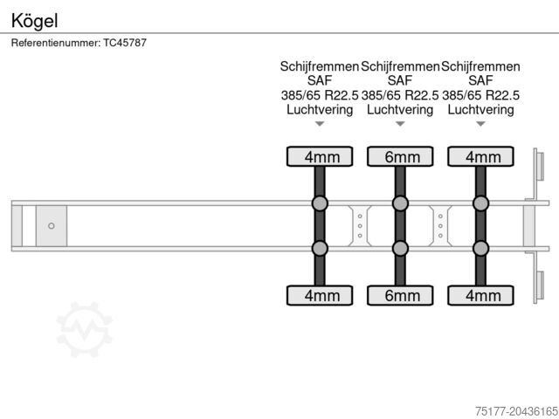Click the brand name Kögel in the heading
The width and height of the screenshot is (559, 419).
[x=30, y=18]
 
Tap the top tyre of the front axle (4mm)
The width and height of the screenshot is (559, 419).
[x=320, y=157]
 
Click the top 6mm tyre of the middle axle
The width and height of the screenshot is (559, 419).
[x=400, y=157]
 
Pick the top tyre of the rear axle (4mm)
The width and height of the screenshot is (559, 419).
[x=480, y=157]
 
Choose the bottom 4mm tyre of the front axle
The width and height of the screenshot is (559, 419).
[x=320, y=295]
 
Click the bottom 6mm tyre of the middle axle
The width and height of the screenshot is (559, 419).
[x=400, y=295]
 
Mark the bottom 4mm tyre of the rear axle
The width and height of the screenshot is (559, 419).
[x=480, y=295]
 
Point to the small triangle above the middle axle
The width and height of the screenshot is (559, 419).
[x=400, y=124]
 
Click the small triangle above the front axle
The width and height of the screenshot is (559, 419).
[x=320, y=124]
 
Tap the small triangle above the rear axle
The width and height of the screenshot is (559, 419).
[x=480, y=124]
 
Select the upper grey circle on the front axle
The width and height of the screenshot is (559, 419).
[x=320, y=204]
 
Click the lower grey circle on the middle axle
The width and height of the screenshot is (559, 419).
[x=400, y=248]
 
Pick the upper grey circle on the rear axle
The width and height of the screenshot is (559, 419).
[x=480, y=204]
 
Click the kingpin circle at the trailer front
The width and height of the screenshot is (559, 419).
[x=52, y=226]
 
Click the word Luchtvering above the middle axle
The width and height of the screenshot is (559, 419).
[x=400, y=110]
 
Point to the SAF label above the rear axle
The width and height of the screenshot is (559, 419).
[x=480, y=80]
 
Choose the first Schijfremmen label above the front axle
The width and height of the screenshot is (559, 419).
[x=320, y=65]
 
